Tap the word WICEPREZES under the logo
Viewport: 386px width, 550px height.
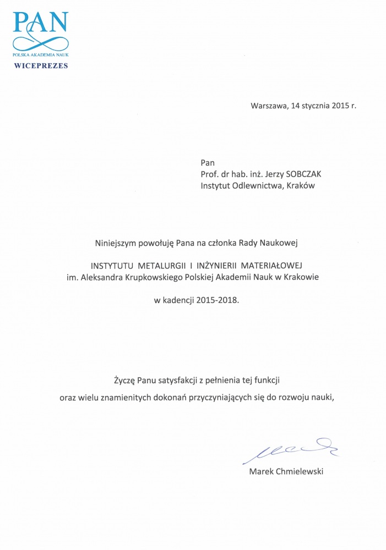coord(41,65)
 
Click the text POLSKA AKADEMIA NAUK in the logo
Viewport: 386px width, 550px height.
coord(41,56)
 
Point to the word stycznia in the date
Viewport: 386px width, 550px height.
coord(314,106)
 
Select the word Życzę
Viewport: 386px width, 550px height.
coord(124,380)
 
